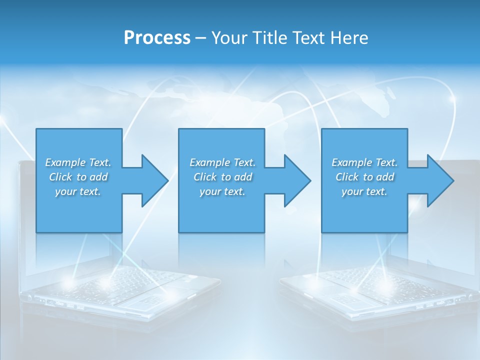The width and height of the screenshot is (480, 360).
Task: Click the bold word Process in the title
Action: (x=157, y=38)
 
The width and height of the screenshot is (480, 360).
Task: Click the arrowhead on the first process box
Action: (x=155, y=180)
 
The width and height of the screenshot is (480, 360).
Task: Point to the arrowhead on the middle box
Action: (x=297, y=180)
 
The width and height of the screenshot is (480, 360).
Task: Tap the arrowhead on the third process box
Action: (x=440, y=180)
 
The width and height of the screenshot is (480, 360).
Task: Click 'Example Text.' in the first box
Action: (x=78, y=162)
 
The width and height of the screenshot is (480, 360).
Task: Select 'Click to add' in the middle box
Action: (x=222, y=177)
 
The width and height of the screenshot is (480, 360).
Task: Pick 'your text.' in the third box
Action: (x=364, y=191)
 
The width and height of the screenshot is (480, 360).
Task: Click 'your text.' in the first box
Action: (x=78, y=191)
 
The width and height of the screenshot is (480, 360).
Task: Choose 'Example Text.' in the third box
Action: (x=364, y=162)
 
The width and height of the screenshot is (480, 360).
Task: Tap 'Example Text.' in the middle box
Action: (x=222, y=162)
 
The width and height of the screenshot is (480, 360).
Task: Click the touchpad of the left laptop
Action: (x=145, y=301)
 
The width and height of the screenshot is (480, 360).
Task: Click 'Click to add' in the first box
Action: (x=78, y=177)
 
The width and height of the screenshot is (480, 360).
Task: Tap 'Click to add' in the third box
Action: (x=364, y=177)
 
